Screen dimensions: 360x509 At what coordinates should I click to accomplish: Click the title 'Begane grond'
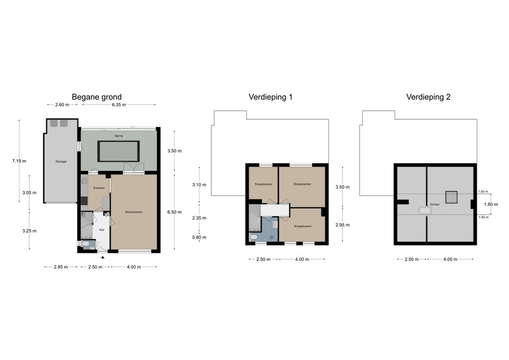(96, 97)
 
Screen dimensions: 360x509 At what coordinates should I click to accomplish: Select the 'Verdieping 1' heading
(270, 97)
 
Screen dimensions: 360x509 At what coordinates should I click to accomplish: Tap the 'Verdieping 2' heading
(428, 97)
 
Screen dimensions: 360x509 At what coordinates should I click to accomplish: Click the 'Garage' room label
(61, 161)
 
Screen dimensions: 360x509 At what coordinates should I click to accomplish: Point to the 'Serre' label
(118, 135)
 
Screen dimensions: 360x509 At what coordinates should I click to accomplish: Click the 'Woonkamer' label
(134, 212)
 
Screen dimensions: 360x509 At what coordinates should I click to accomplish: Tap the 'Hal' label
(101, 230)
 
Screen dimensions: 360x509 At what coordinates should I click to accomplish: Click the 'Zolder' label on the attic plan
(435, 204)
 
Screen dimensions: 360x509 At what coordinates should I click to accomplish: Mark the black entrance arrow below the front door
(103, 257)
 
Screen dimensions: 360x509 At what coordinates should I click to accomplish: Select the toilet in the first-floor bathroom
(254, 237)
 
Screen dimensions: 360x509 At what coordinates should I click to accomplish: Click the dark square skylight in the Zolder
(451, 197)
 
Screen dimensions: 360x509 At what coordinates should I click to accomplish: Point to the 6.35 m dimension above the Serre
(119, 105)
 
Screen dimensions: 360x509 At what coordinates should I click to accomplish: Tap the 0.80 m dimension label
(199, 237)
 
